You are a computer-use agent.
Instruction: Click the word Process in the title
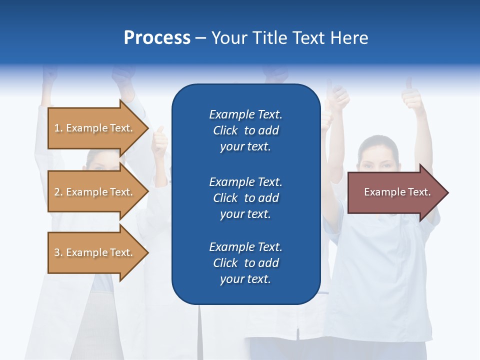(157, 38)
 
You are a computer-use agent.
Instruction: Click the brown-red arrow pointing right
(395, 192)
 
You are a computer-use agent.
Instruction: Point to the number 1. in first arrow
(58, 128)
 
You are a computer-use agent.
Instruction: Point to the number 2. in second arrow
(58, 192)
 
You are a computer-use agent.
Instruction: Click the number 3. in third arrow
(58, 252)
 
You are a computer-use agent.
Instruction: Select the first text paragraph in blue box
(245, 130)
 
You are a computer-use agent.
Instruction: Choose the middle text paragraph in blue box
(245, 198)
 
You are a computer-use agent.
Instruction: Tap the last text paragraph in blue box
(245, 263)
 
